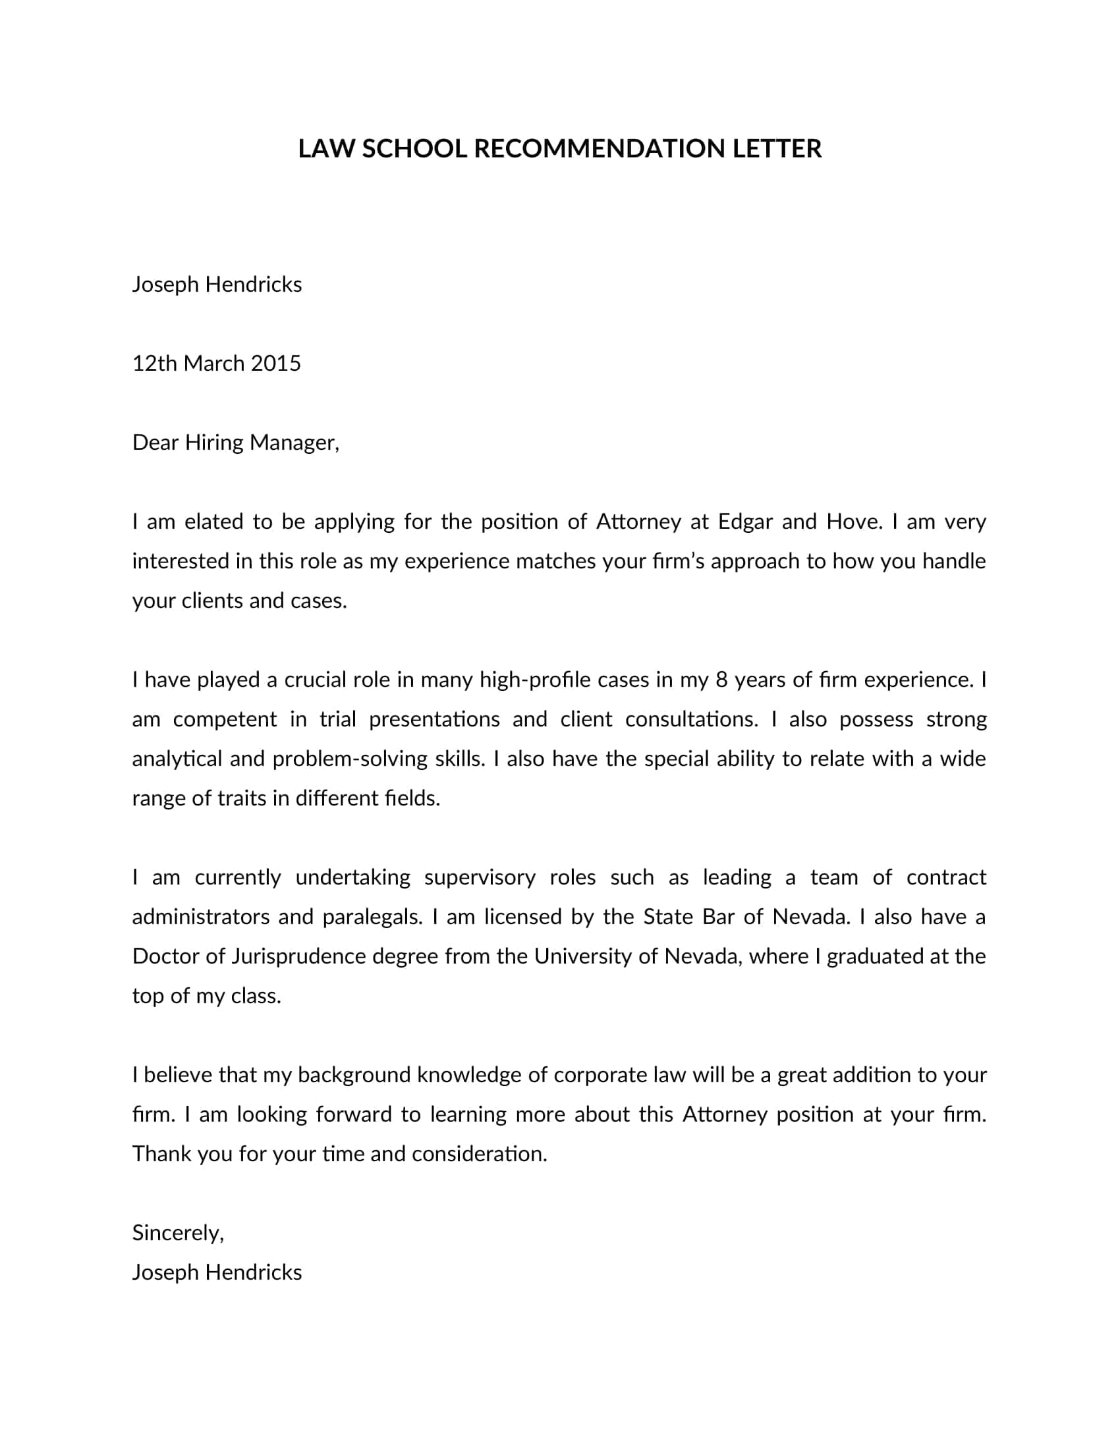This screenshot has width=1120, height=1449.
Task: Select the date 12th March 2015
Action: tap(216, 364)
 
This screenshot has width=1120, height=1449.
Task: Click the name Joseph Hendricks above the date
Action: tap(216, 285)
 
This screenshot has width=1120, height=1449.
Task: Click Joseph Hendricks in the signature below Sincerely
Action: tap(216, 1272)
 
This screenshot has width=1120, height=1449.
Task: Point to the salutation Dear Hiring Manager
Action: tap(236, 443)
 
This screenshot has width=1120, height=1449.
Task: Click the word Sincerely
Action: tap(178, 1233)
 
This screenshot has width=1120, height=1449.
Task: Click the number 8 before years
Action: tap(722, 680)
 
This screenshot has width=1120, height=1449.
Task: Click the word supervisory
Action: tap(480, 877)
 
